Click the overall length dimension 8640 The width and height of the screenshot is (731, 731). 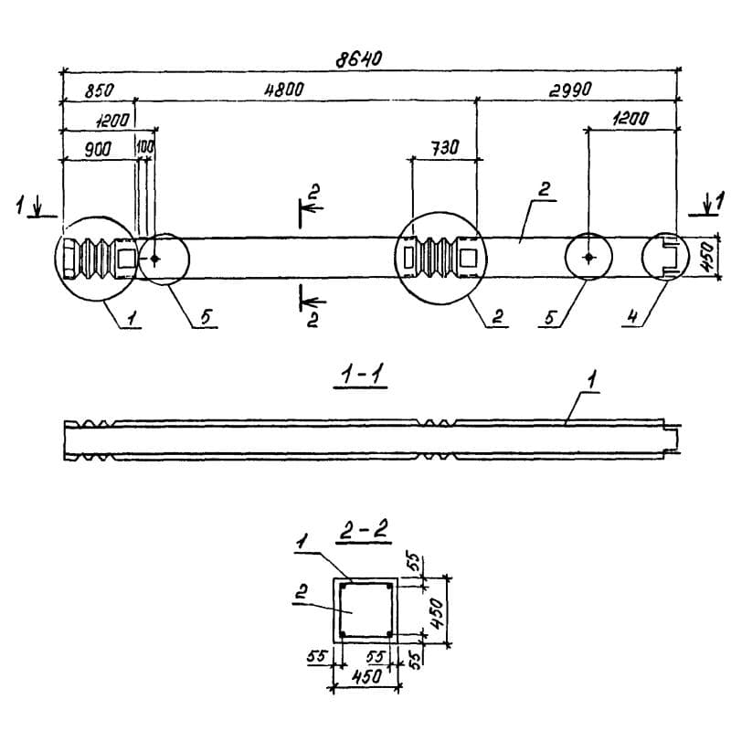click(358, 59)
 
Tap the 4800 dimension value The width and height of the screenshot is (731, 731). click(284, 89)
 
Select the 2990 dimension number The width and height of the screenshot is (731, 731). click(570, 89)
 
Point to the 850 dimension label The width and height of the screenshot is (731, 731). click(99, 90)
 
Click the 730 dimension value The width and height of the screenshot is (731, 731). click(444, 148)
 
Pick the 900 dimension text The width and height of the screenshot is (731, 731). click(98, 149)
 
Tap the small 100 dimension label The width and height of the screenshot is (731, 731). click(145, 147)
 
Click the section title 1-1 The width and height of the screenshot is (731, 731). click(361, 376)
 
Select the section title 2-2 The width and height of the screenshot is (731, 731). click(364, 530)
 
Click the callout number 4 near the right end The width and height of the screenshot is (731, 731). click(631, 317)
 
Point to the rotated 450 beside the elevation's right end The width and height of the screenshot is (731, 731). click(707, 258)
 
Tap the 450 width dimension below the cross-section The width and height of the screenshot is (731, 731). click(367, 677)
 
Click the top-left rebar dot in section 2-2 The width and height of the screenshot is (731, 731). click(344, 587)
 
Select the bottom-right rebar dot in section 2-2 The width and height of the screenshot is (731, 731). click(389, 633)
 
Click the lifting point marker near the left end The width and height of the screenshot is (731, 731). click(154, 259)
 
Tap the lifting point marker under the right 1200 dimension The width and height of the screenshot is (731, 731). click(588, 257)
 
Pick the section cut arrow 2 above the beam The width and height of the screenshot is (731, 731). click(311, 206)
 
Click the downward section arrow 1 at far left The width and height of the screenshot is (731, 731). click(37, 208)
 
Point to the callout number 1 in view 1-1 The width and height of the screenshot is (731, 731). click(591, 380)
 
